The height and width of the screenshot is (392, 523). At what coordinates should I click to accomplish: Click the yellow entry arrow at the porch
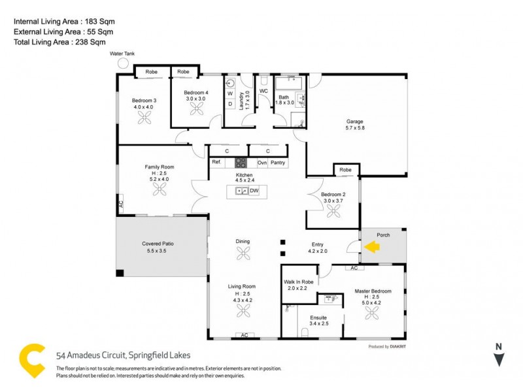pos(372,247)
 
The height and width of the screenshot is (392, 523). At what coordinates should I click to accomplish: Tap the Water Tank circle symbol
pos(123,63)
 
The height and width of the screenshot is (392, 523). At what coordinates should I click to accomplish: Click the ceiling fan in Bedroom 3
pos(144,118)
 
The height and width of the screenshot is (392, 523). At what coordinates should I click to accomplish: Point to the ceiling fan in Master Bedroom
pos(372,313)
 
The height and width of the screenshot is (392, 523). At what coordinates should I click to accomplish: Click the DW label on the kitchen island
pos(254,191)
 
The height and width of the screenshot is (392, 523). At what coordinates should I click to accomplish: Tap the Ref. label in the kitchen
pos(216,162)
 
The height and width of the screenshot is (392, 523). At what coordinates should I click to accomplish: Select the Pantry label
pos(278,162)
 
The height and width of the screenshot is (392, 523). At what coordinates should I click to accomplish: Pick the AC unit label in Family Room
pos(121,204)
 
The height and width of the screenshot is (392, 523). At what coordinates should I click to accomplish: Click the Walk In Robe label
pos(299,282)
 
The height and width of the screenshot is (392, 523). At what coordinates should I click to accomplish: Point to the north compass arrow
pos(499,359)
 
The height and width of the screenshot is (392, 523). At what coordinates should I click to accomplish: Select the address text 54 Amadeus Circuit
pos(123,355)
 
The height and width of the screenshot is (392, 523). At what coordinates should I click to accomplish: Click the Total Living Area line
pos(60,42)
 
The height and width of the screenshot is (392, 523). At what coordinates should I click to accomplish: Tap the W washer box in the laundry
pos(230,93)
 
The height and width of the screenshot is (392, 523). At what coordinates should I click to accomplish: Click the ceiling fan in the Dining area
pos(243,253)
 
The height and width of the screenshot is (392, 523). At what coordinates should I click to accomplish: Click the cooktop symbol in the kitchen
pos(241,162)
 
